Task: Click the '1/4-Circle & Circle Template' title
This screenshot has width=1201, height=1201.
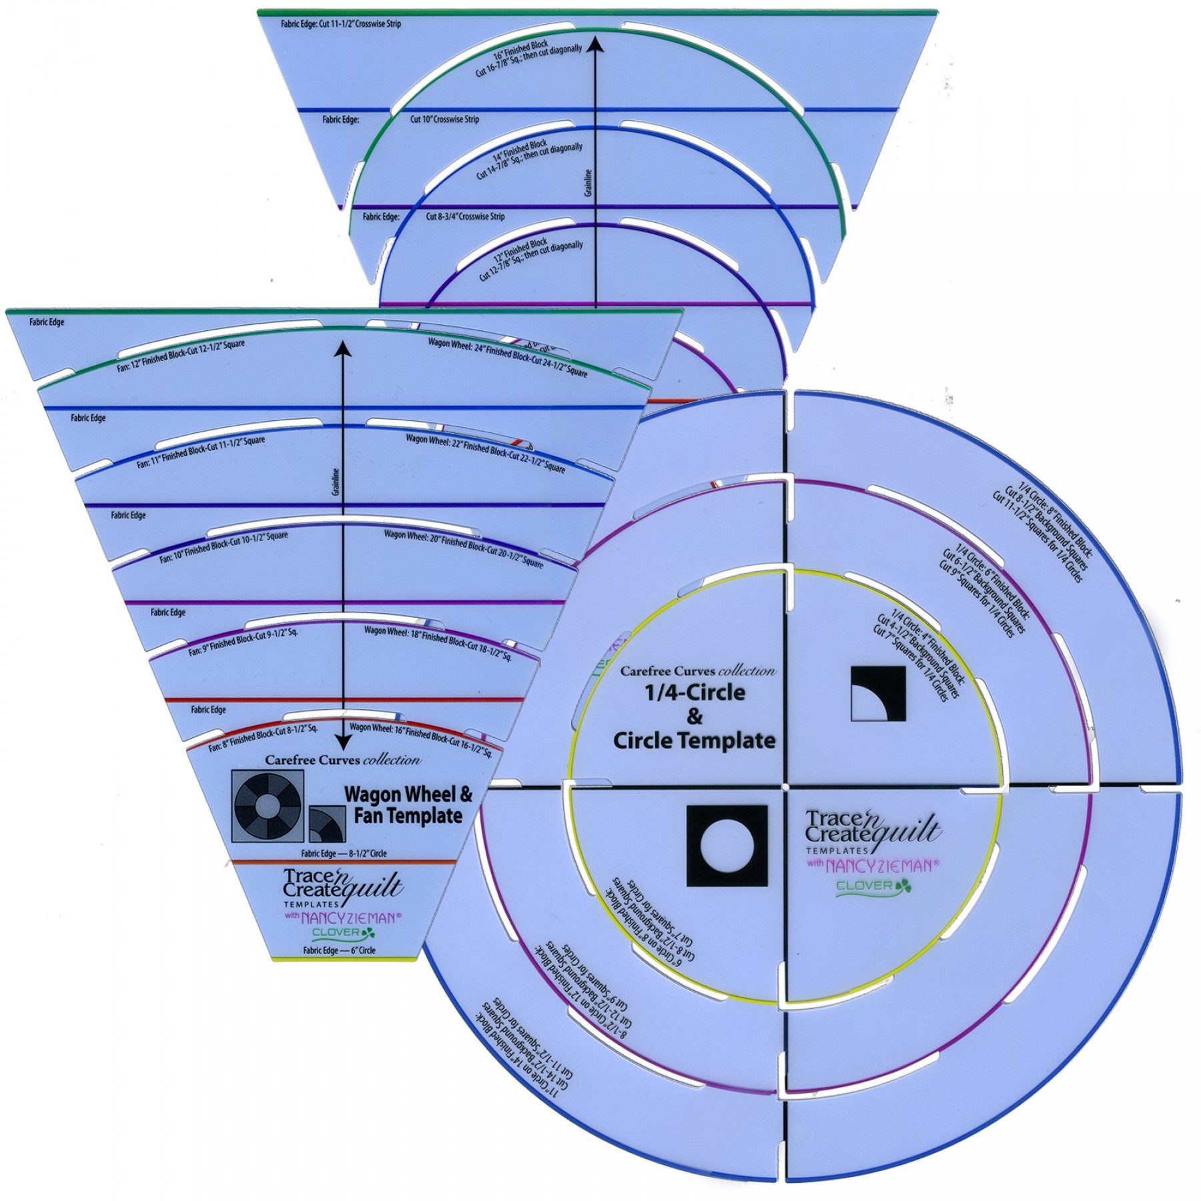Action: click(694, 717)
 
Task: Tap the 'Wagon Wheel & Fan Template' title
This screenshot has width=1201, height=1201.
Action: click(408, 805)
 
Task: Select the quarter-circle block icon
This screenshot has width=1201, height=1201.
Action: click(879, 694)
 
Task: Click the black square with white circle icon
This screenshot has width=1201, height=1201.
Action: click(727, 846)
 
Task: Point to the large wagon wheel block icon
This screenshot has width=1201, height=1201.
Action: click(268, 805)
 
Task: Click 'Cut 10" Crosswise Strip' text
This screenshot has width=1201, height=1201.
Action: click(444, 119)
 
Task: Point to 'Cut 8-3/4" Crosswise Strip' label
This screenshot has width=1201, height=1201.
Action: click(465, 217)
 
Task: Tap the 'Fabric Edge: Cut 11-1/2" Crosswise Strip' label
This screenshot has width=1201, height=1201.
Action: click(340, 24)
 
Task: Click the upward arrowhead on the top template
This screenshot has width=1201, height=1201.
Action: click(596, 45)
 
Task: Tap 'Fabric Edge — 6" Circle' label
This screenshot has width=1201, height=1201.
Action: click(339, 950)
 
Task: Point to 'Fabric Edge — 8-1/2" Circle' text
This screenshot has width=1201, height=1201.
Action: click(344, 853)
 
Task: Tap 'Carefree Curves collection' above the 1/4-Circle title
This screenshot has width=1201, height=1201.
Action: click(698, 671)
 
